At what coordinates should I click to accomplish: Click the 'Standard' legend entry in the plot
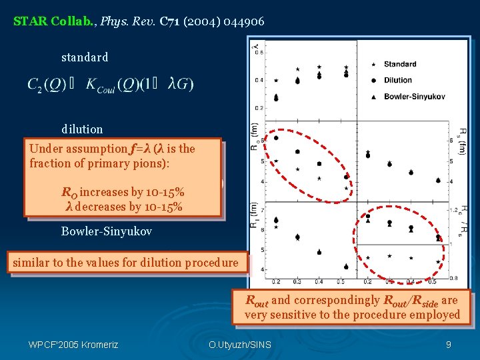[399, 65]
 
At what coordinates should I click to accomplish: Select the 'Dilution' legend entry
[397, 80]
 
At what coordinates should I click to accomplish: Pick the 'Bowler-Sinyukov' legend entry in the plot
[409, 96]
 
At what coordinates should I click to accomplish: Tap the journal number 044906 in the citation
[243, 21]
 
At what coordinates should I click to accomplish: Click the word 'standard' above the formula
[85, 57]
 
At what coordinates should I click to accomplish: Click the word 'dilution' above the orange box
[82, 129]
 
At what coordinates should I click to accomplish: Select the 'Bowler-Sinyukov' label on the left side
[107, 231]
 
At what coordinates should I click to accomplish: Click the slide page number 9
[449, 345]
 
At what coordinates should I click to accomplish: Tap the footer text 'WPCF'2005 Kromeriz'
[73, 345]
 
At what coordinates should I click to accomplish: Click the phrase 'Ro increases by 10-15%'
[123, 192]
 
